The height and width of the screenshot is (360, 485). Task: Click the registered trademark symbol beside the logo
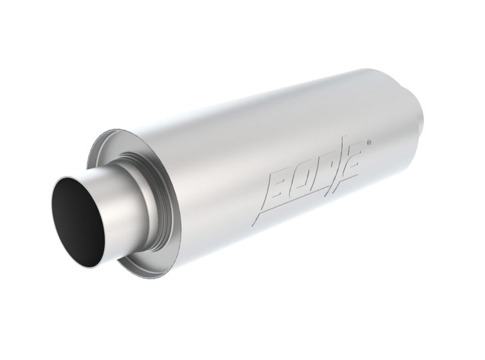tap(370, 144)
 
